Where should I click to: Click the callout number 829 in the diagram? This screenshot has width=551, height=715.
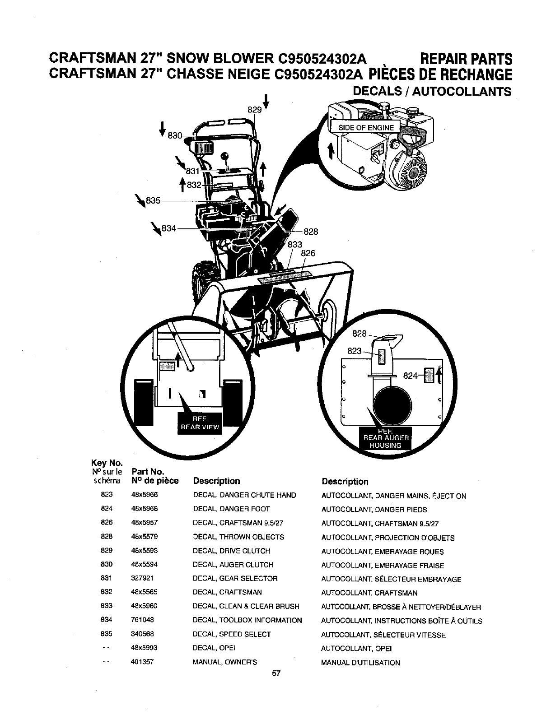pyautogui.click(x=253, y=109)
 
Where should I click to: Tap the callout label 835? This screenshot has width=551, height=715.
pyautogui.click(x=153, y=201)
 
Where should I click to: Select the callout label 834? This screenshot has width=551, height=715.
pyautogui.click(x=168, y=229)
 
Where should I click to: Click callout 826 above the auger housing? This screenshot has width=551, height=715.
pyautogui.click(x=308, y=253)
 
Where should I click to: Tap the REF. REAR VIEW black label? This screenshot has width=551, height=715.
pyautogui.click(x=200, y=423)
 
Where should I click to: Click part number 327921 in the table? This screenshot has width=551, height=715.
pyautogui.click(x=141, y=578)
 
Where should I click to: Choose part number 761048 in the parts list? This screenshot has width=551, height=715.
pyautogui.click(x=141, y=620)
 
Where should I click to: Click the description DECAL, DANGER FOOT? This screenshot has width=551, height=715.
pyautogui.click(x=231, y=509)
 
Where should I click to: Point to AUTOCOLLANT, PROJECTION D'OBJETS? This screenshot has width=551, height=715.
pyautogui.click(x=388, y=538)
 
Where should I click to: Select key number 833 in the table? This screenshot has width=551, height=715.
pyautogui.click(x=107, y=606)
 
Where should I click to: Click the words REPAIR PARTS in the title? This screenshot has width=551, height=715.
pyautogui.click(x=466, y=59)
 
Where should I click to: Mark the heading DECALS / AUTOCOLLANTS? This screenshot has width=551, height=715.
pyautogui.click(x=432, y=92)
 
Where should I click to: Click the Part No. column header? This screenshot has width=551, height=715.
pyautogui.click(x=145, y=472)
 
